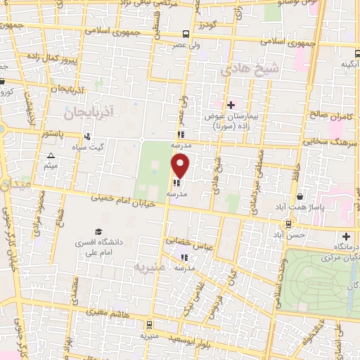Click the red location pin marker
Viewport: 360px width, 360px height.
pyautogui.click(x=181, y=166)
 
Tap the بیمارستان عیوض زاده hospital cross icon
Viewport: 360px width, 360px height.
pyautogui.click(x=231, y=105)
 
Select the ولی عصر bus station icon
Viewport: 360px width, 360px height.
pyautogui.click(x=186, y=34)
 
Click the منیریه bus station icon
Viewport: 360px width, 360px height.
pyautogui.click(x=149, y=324)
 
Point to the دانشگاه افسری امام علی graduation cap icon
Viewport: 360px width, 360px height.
pyautogui.click(x=98, y=232)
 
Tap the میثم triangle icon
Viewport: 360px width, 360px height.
pyautogui.click(x=50, y=156)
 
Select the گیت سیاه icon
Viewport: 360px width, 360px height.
pyautogui.click(x=86, y=136)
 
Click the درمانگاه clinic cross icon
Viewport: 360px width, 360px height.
pyautogui.click(x=346, y=236)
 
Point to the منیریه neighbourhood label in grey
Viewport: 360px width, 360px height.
pyautogui.click(x=150, y=267)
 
